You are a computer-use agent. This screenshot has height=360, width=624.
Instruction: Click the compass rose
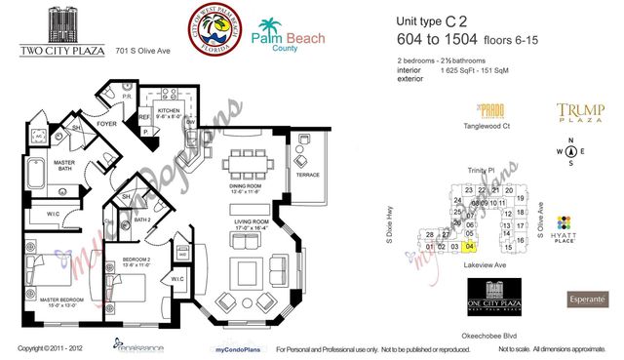(571, 150)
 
